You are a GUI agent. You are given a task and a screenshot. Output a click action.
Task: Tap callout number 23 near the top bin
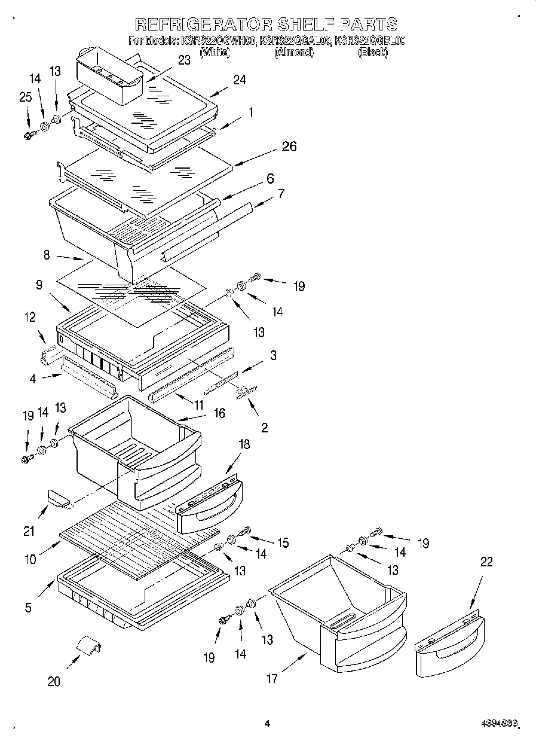183,60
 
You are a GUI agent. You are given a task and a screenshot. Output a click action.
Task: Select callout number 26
289,147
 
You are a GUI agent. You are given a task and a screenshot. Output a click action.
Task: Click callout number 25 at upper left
25,96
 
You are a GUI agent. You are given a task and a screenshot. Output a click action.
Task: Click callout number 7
281,193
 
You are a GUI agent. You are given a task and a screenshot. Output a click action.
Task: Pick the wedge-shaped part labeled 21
58,496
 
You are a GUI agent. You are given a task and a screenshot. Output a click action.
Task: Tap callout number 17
272,678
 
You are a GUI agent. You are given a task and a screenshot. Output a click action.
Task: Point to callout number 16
219,413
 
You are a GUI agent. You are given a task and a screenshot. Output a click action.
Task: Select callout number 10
30,560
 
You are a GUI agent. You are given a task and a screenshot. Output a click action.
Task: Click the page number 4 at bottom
267,724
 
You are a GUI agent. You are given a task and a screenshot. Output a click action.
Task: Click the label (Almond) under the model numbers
293,53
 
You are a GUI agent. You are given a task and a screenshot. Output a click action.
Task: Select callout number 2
264,427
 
